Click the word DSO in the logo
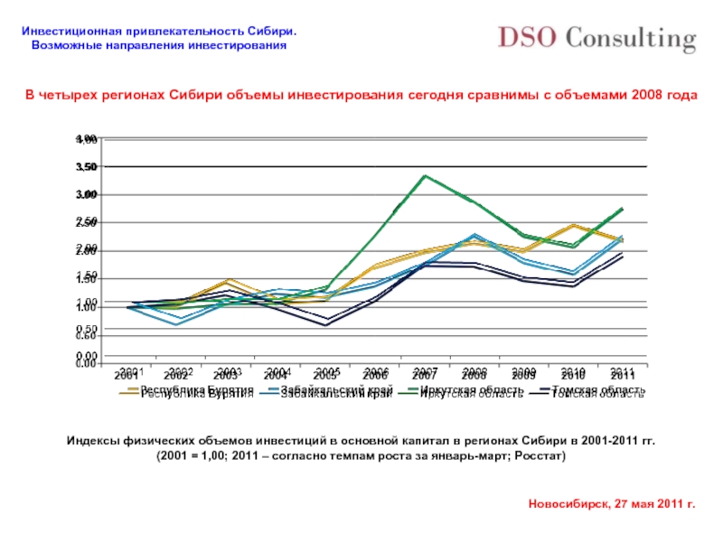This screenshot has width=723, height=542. pyautogui.click(x=527, y=39)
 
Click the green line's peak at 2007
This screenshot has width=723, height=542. pyautogui.click(x=424, y=175)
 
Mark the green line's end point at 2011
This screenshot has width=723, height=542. pyautogui.click(x=622, y=209)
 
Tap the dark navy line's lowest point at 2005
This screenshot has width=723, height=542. pyautogui.click(x=325, y=323)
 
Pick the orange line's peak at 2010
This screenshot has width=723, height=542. pyautogui.click(x=573, y=225)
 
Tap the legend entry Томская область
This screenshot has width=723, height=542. pyautogui.click(x=597, y=392)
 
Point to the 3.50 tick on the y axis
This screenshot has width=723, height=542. pyautogui.click(x=87, y=167)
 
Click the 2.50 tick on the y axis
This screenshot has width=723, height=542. pyautogui.click(x=87, y=222)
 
